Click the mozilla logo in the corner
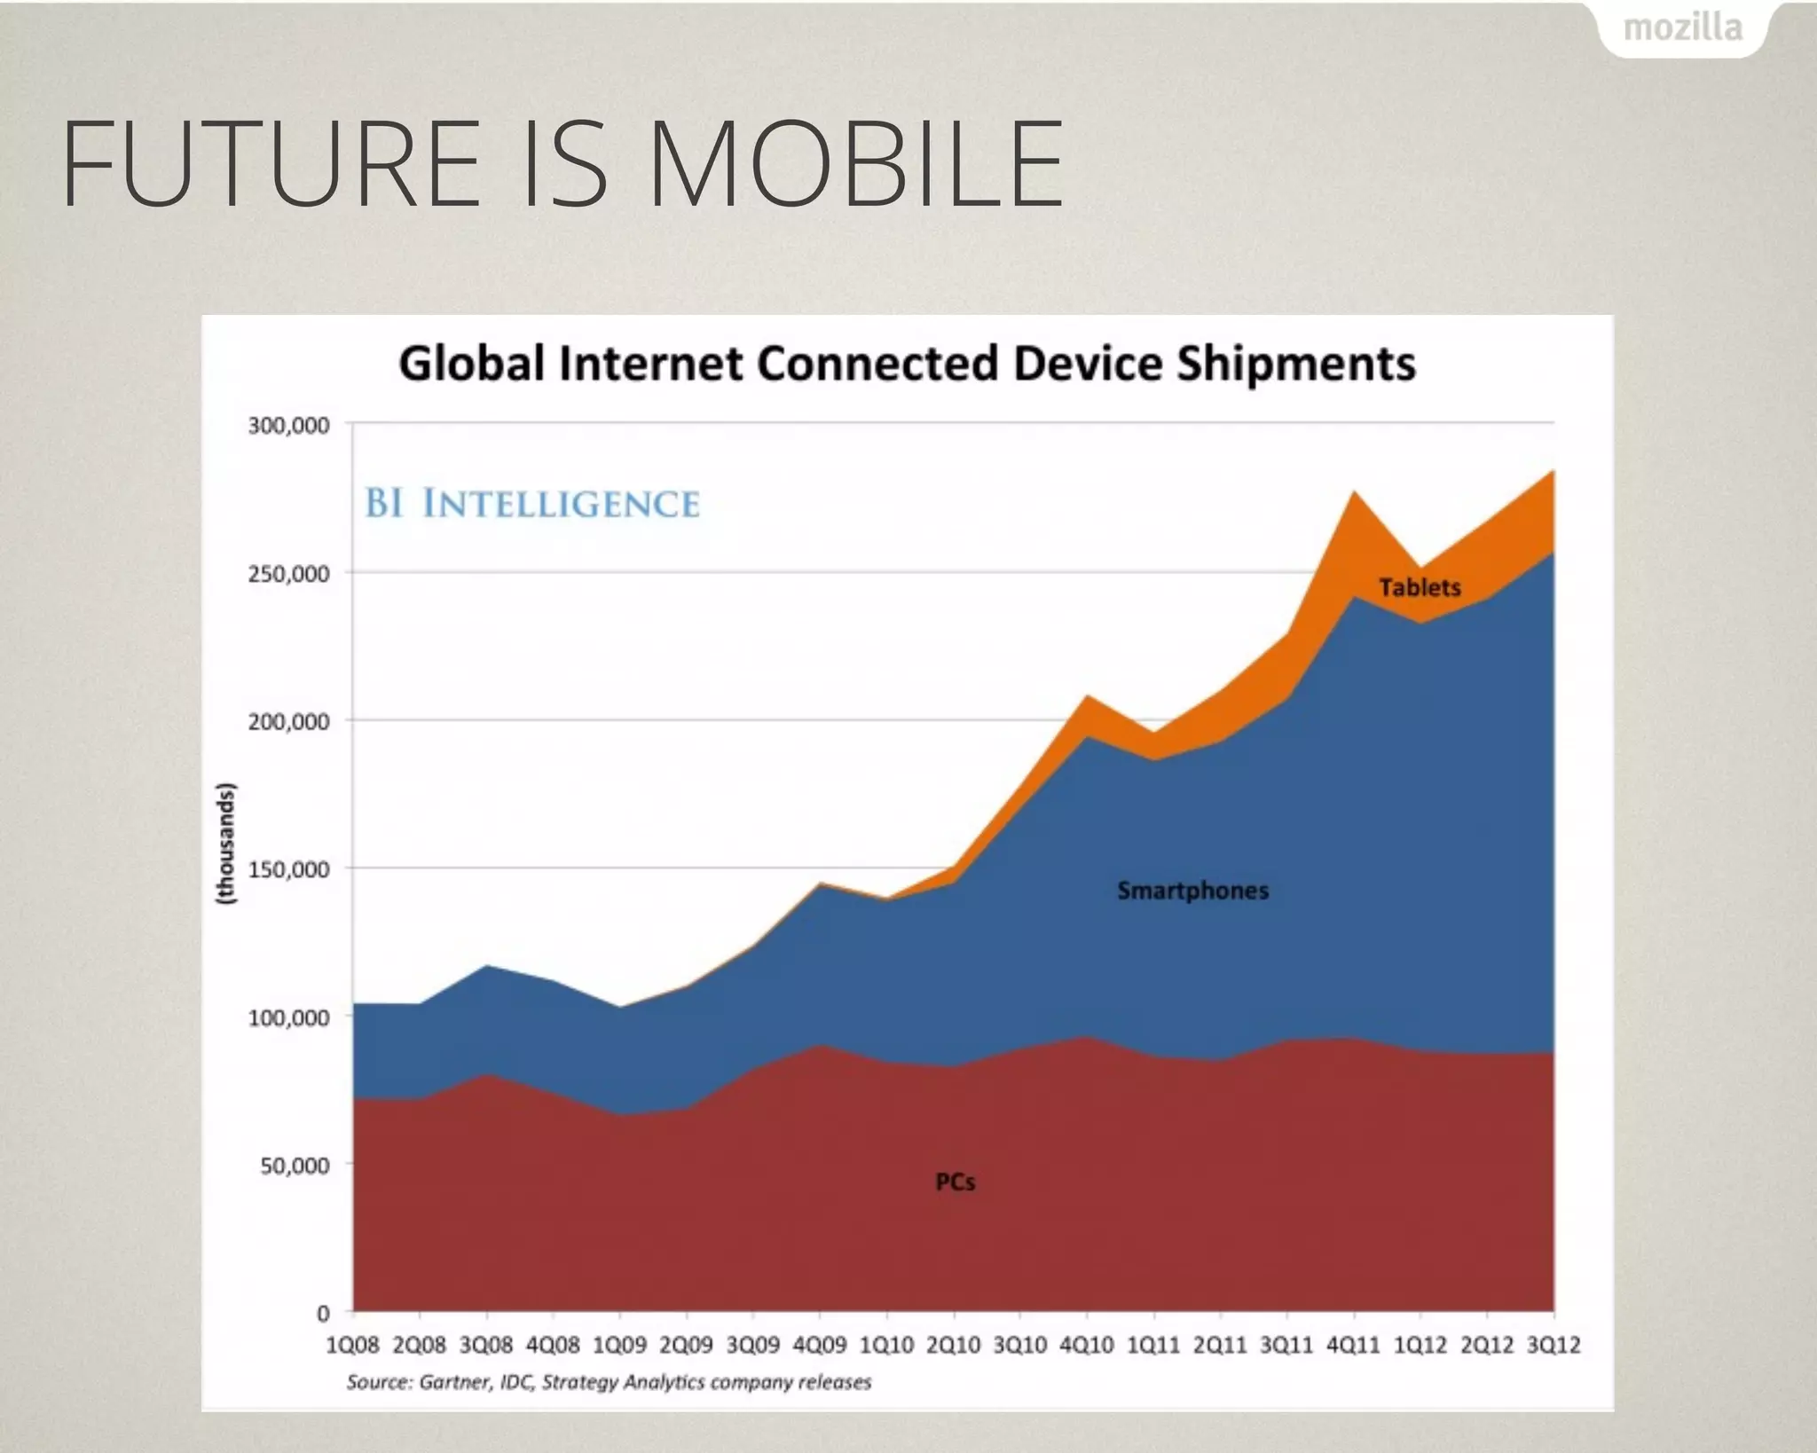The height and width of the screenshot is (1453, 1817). pyautogui.click(x=1682, y=28)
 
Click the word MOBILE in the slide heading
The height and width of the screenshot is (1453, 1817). pyautogui.click(x=856, y=165)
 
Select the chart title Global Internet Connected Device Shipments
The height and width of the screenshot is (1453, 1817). pyautogui.click(x=907, y=364)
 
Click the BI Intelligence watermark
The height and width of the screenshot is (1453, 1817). pyautogui.click(x=532, y=504)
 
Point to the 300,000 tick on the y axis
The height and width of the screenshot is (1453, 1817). pyautogui.click(x=288, y=426)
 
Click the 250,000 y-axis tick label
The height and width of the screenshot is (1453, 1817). pyautogui.click(x=288, y=574)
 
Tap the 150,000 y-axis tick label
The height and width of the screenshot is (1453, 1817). pyautogui.click(x=288, y=869)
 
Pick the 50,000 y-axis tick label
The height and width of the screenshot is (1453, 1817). pyautogui.click(x=295, y=1165)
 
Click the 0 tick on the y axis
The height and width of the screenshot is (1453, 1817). pyautogui.click(x=323, y=1313)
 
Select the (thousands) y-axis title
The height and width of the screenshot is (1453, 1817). pyautogui.click(x=227, y=843)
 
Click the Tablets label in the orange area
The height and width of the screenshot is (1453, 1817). pyautogui.click(x=1420, y=587)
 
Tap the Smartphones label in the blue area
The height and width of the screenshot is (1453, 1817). pyautogui.click(x=1192, y=891)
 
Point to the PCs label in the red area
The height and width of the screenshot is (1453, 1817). pyautogui.click(x=955, y=1182)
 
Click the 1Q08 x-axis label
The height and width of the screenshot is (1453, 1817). pyautogui.click(x=352, y=1346)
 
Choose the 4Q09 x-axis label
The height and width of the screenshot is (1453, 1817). pyautogui.click(x=819, y=1346)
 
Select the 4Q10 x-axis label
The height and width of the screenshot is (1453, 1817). pyautogui.click(x=1087, y=1346)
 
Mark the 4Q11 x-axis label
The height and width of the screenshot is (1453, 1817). pyautogui.click(x=1353, y=1346)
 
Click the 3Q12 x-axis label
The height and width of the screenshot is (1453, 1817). pyautogui.click(x=1553, y=1346)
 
